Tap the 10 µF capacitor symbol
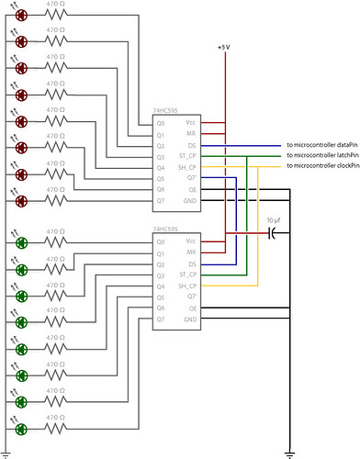pos(273,234)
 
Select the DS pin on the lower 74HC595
pos(191,264)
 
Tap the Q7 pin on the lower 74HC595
pos(161,320)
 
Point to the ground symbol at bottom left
pos(6,453)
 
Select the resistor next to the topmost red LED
pos(56,15)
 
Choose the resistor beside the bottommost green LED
pos(56,427)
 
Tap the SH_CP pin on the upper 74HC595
pos(187,167)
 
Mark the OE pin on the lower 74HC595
pos(191,308)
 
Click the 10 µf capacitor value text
pos(274,221)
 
